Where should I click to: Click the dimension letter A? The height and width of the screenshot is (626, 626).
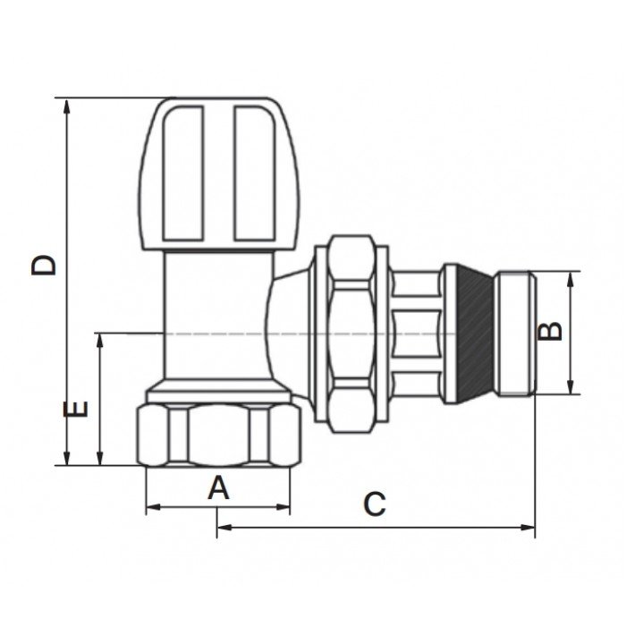[218, 487]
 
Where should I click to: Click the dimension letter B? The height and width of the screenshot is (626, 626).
[550, 331]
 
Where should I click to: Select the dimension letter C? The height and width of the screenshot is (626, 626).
[375, 503]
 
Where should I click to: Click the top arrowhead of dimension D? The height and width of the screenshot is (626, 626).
[67, 106]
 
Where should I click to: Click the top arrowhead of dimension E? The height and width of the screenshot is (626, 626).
[100, 342]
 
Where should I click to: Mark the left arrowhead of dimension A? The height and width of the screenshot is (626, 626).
[154, 507]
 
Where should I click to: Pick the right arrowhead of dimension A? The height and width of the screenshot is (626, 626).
[283, 507]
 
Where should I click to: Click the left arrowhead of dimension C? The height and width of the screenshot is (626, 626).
[224, 528]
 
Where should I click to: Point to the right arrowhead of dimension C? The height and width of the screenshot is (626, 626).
[527, 528]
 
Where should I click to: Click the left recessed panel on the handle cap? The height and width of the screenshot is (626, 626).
[182, 173]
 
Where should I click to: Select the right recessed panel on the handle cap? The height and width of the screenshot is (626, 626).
[255, 173]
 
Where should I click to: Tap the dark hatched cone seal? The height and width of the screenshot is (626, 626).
[475, 334]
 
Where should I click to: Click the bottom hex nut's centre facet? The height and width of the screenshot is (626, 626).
[218, 436]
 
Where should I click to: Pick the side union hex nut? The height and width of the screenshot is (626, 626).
[351, 334]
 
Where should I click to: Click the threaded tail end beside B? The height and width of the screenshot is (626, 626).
[515, 334]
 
